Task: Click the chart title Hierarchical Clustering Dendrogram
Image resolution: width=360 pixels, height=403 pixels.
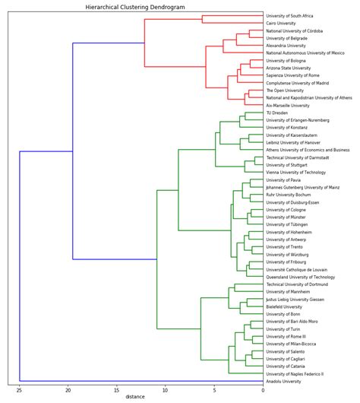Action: click(135, 6)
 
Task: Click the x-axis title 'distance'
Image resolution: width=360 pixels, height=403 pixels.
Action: click(135, 396)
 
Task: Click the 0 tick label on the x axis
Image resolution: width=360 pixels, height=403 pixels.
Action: click(264, 389)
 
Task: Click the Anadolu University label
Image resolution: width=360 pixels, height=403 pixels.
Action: click(285, 382)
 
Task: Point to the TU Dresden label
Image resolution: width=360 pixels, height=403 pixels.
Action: click(277, 113)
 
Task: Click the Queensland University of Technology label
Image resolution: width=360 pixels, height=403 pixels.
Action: click(300, 278)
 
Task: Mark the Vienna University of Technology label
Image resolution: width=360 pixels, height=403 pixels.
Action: click(295, 173)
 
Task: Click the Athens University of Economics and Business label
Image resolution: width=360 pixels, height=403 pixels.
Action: click(308, 151)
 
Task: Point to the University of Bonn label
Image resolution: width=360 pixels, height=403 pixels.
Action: click(283, 314)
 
